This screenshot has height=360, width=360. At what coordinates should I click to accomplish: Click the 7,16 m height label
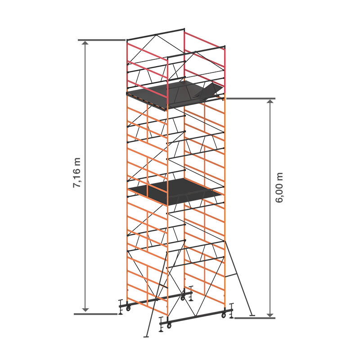click(76, 173)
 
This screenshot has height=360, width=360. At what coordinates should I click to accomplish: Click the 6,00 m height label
click(279, 188)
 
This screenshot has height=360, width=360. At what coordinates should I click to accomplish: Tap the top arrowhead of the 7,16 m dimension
click(85, 43)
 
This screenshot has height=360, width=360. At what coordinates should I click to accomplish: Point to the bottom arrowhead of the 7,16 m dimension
click(85, 310)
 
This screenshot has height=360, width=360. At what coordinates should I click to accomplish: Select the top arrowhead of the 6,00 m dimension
click(270, 102)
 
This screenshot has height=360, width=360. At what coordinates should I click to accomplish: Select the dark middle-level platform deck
click(175, 191)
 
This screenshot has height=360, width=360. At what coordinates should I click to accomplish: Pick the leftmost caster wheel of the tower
click(128, 308)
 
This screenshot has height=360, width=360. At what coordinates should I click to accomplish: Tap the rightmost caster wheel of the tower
click(224, 315)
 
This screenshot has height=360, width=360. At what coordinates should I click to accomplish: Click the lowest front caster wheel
click(169, 325)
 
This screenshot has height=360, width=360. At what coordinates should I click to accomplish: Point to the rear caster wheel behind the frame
click(183, 298)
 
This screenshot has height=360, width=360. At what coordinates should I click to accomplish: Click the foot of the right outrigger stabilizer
click(252, 315)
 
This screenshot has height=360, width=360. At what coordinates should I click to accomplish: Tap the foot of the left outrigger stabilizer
click(146, 337)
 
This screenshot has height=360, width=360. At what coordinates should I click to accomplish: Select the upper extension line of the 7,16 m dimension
click(102, 40)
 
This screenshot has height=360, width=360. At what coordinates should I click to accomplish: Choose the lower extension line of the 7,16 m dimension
click(95, 314)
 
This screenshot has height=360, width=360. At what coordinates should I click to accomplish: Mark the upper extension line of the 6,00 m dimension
click(251, 99)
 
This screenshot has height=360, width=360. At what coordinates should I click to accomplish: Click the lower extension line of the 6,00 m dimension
click(255, 318)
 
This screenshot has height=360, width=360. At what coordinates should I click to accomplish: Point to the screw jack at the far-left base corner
click(121, 307)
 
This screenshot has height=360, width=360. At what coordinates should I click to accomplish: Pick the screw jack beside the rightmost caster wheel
click(231, 310)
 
